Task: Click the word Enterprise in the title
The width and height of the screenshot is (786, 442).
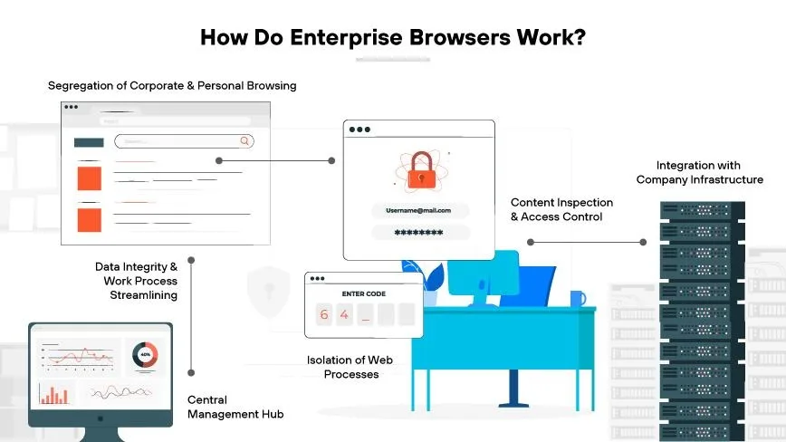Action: (346, 38)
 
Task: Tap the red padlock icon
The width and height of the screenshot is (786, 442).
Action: (421, 171)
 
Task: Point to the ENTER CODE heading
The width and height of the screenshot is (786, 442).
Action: (364, 293)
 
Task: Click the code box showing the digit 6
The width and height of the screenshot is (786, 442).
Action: (324, 314)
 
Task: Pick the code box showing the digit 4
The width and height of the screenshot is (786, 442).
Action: (344, 314)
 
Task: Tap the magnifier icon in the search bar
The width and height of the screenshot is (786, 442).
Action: (244, 140)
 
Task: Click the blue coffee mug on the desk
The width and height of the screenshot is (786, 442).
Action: (578, 299)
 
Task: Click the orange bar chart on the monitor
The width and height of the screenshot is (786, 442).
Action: (54, 394)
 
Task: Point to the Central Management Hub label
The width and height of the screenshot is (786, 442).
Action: (235, 407)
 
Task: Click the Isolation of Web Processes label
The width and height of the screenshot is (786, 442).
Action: (350, 367)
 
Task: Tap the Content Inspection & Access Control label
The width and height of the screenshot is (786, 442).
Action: (561, 209)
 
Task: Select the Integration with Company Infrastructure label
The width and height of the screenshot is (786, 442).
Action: (699, 172)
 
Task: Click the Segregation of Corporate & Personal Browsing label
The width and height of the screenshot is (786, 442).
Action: (172, 86)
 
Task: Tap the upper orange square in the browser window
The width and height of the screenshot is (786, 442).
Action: (90, 178)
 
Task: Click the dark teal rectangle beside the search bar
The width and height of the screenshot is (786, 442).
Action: (89, 143)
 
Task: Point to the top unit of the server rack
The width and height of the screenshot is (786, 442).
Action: (702, 210)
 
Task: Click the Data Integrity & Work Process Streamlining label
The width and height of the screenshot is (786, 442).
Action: (137, 281)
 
